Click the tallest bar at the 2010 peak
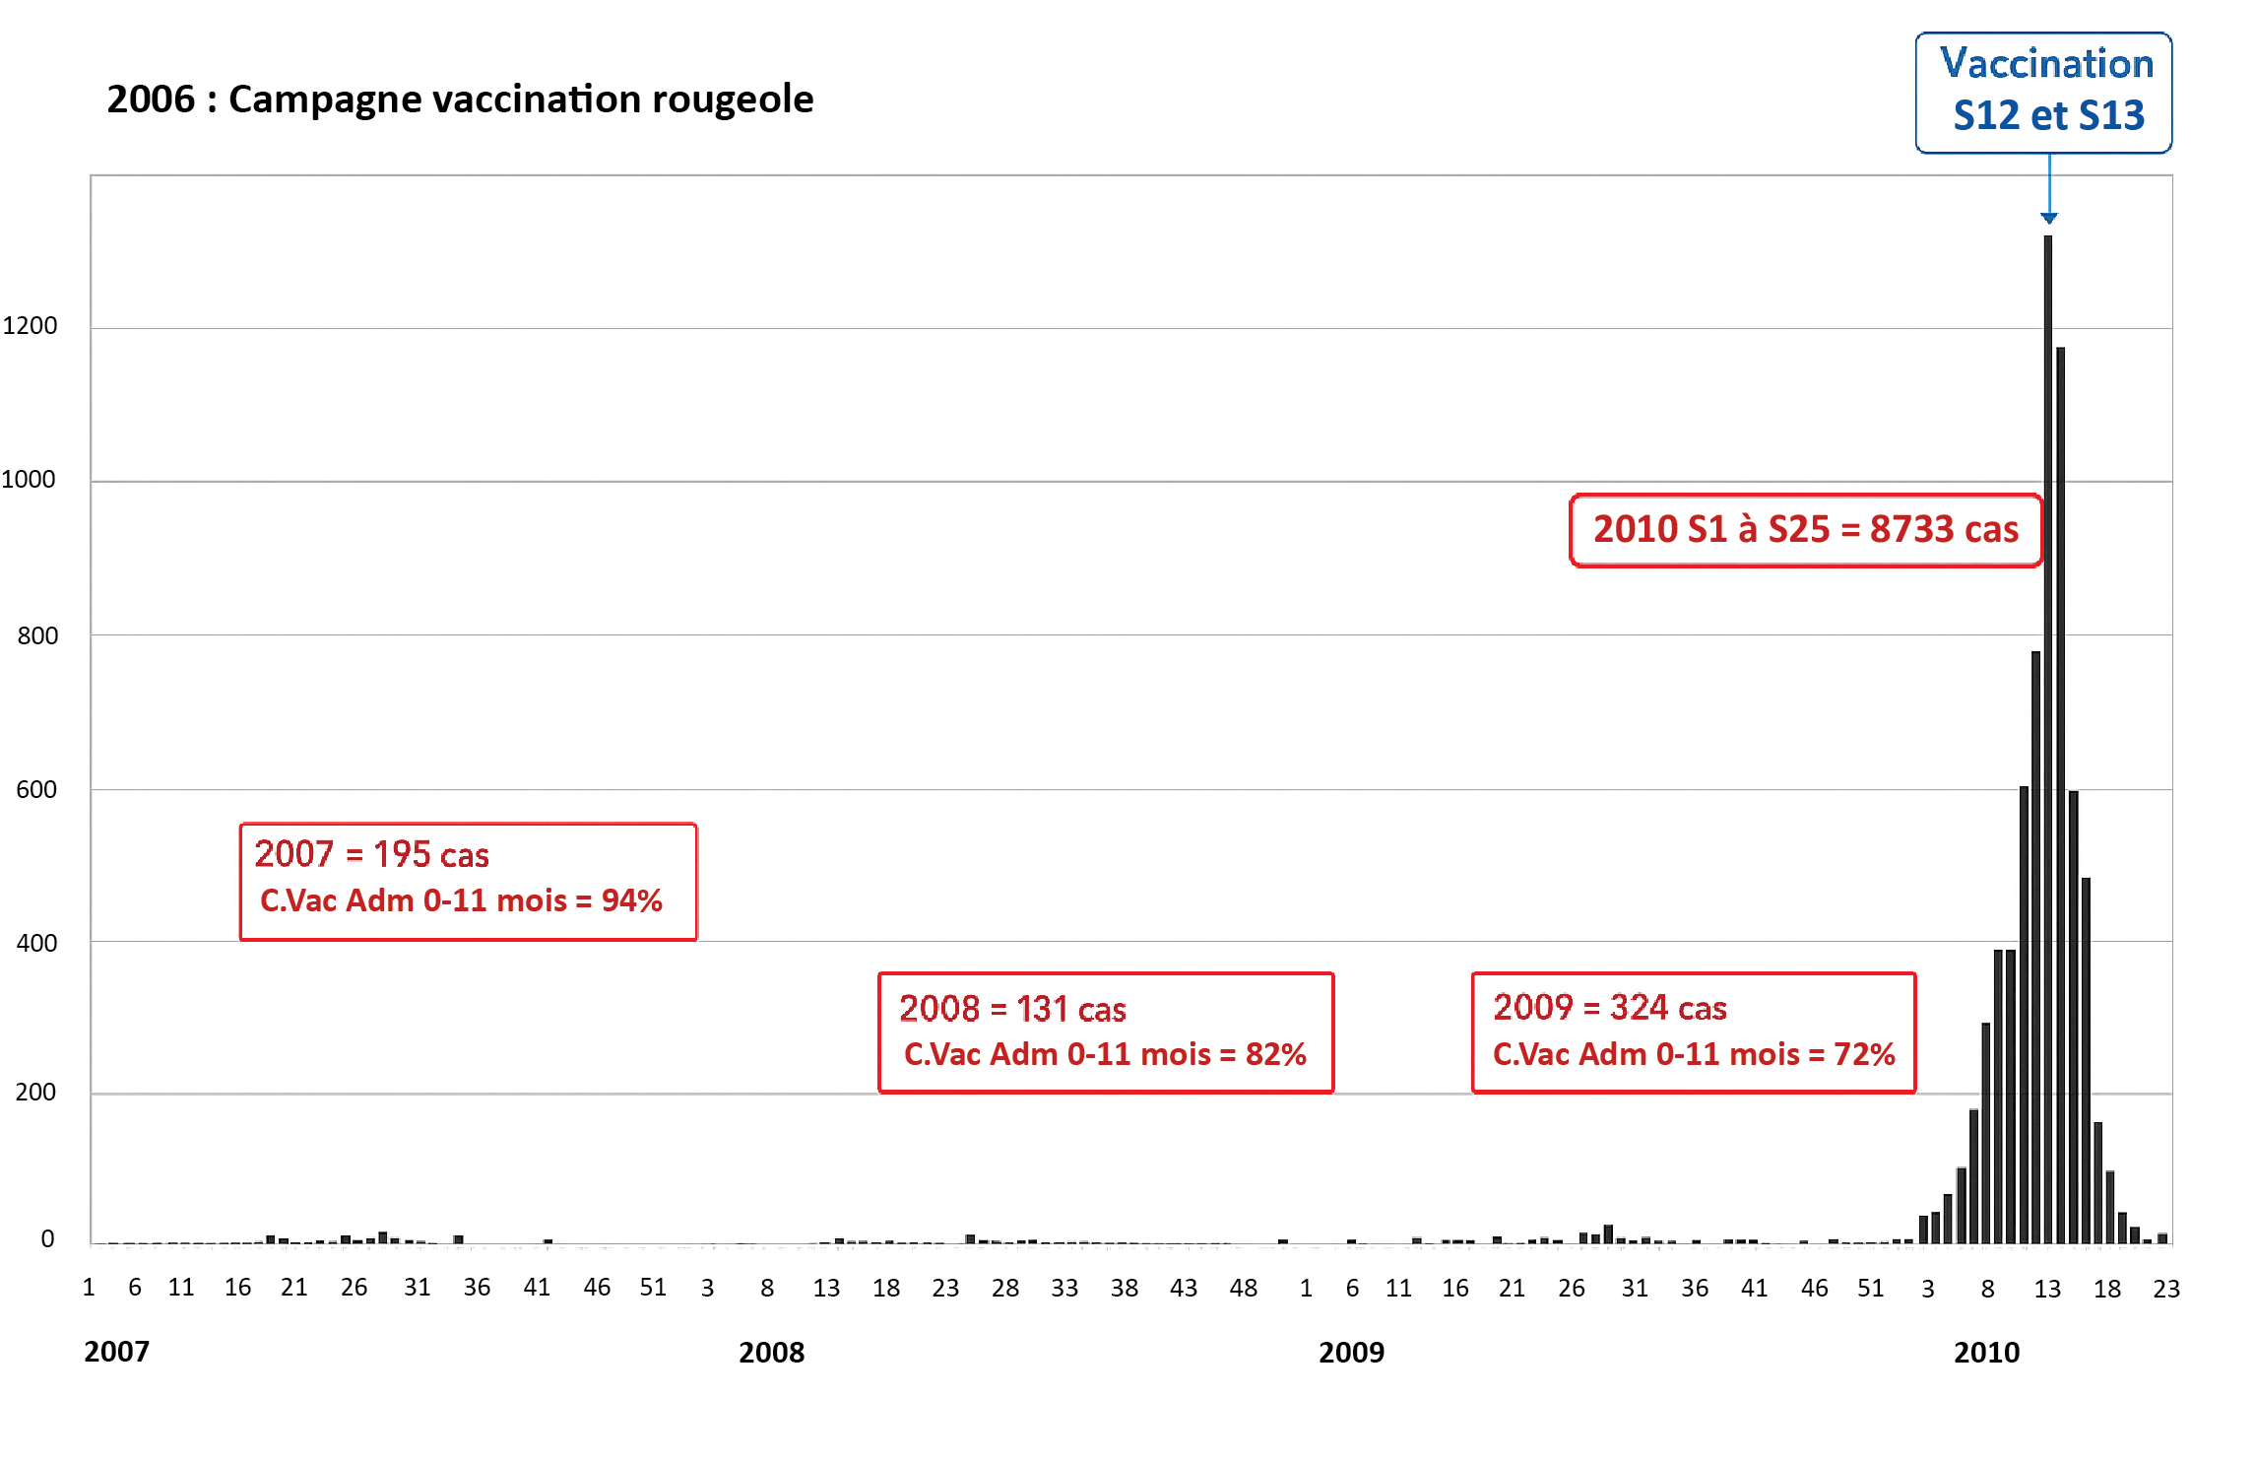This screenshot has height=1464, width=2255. coord(2047,739)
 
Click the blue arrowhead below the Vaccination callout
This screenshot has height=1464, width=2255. coord(2048,218)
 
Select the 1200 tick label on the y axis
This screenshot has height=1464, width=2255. coord(30,326)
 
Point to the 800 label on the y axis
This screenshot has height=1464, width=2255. coord(37,635)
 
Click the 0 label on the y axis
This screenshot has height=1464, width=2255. coord(47,1238)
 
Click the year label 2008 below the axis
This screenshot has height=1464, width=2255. coord(771,1352)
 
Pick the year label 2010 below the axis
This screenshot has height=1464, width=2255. coord(1986,1352)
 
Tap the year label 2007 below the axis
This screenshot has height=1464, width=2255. coord(116,1351)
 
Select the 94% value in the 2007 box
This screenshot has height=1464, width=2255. coord(631,900)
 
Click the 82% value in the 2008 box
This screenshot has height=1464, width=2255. coord(1275,1054)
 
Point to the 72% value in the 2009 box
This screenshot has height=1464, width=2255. coord(1864,1054)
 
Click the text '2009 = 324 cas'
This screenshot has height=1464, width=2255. coord(1609,1007)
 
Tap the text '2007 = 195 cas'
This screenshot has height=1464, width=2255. coord(371,854)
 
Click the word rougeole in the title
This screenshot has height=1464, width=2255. coord(733,100)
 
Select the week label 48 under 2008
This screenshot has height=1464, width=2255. coord(1243,1288)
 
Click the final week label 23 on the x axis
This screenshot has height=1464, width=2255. coord(2165,1289)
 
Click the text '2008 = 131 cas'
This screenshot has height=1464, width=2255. coord(1012,1009)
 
